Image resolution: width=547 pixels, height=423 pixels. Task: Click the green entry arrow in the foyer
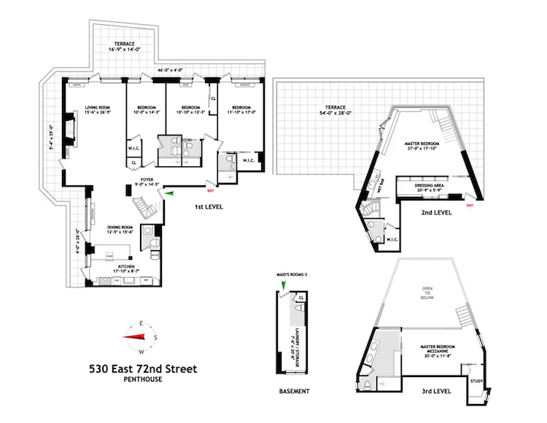tap(168, 193)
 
